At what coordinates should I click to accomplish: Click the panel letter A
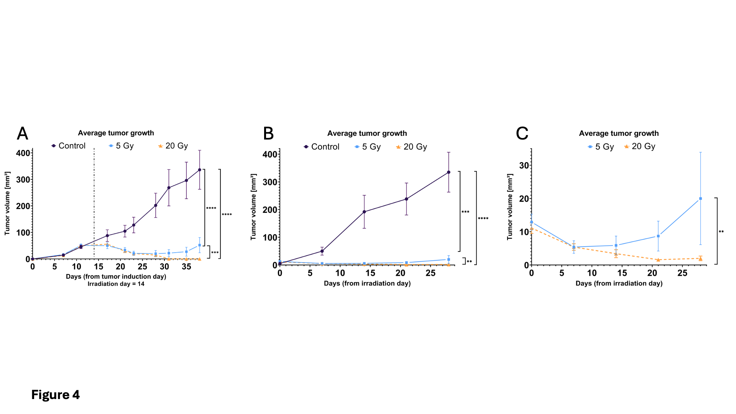coord(23,134)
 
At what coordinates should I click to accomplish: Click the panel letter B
coord(268,134)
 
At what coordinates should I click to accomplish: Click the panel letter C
coord(522,134)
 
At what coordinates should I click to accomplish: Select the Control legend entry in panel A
coord(69,146)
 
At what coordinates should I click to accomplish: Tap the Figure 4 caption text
coord(56,394)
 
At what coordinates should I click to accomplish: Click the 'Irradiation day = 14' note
coord(116,284)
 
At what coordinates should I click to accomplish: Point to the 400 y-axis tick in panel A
coord(23,153)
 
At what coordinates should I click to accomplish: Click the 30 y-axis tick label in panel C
coord(524,166)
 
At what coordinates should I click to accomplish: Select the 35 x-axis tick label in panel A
coord(186,267)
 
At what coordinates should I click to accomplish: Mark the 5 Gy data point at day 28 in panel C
coord(700,199)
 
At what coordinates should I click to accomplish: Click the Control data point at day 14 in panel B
coord(364,212)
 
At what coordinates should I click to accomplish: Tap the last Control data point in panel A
coord(199,170)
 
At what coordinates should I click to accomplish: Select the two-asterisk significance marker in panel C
coord(721,232)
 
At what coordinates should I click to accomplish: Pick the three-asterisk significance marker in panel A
coord(215,253)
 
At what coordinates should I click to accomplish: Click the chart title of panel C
coord(619,133)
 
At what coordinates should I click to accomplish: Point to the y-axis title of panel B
coord(253,207)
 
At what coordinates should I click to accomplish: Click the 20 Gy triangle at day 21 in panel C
coord(658,260)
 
